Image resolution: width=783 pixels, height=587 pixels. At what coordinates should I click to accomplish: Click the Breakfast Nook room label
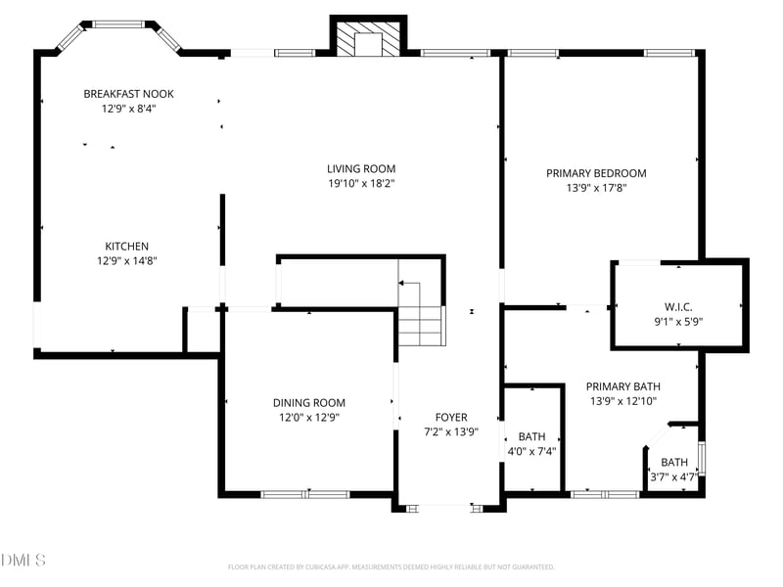128,94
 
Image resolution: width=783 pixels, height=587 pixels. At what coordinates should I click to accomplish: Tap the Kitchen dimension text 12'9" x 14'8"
127,261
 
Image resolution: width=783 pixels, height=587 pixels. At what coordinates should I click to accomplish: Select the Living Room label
361,168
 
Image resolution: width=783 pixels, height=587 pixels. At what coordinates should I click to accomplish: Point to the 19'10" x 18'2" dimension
361,183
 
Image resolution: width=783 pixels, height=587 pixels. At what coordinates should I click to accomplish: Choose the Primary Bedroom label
596,173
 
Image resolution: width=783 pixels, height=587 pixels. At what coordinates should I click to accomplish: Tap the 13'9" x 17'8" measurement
596,188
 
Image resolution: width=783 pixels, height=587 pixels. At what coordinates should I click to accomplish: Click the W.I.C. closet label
678,306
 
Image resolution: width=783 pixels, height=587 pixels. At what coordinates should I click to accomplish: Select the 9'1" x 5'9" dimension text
678,321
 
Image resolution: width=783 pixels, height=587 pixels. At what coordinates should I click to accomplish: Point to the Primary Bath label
622,385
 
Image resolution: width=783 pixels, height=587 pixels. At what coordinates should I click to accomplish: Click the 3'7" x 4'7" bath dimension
673,477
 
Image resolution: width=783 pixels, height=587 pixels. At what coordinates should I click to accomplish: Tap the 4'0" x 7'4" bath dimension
531,451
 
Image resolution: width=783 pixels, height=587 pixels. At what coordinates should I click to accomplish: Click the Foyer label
451,417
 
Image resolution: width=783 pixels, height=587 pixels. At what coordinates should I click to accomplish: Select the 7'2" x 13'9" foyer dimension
451,431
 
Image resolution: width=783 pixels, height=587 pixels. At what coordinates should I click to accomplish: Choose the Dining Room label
308,402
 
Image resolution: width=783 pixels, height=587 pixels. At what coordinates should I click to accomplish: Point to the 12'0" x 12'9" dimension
308,417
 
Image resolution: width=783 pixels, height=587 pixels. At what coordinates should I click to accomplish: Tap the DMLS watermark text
23,561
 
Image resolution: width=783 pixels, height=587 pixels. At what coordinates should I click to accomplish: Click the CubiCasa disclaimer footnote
391,566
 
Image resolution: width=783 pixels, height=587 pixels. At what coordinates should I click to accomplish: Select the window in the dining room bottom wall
305,494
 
